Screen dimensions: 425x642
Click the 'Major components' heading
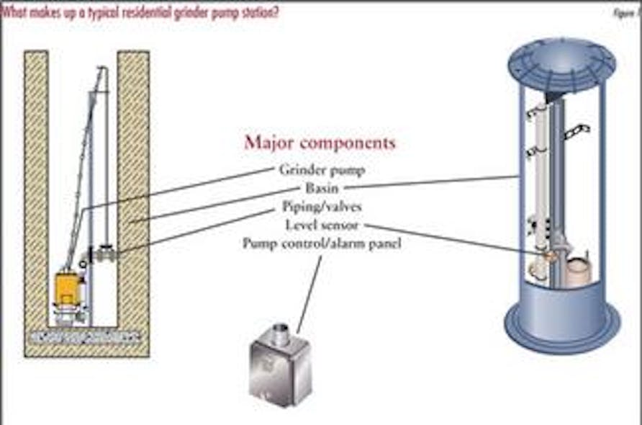(320, 143)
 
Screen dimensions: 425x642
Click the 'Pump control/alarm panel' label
(321, 243)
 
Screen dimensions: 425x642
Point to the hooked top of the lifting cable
(102, 69)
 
